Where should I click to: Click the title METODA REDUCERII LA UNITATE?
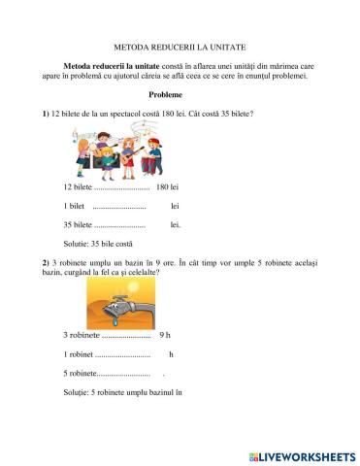[180, 46]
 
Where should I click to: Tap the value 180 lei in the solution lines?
[168, 185]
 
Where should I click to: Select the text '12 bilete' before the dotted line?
[78, 185]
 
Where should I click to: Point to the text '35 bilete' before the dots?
[78, 224]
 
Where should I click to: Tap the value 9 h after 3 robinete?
[169, 335]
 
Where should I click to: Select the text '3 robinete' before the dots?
[81, 335]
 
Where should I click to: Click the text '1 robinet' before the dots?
[79, 354]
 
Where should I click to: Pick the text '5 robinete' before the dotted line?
[80, 374]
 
